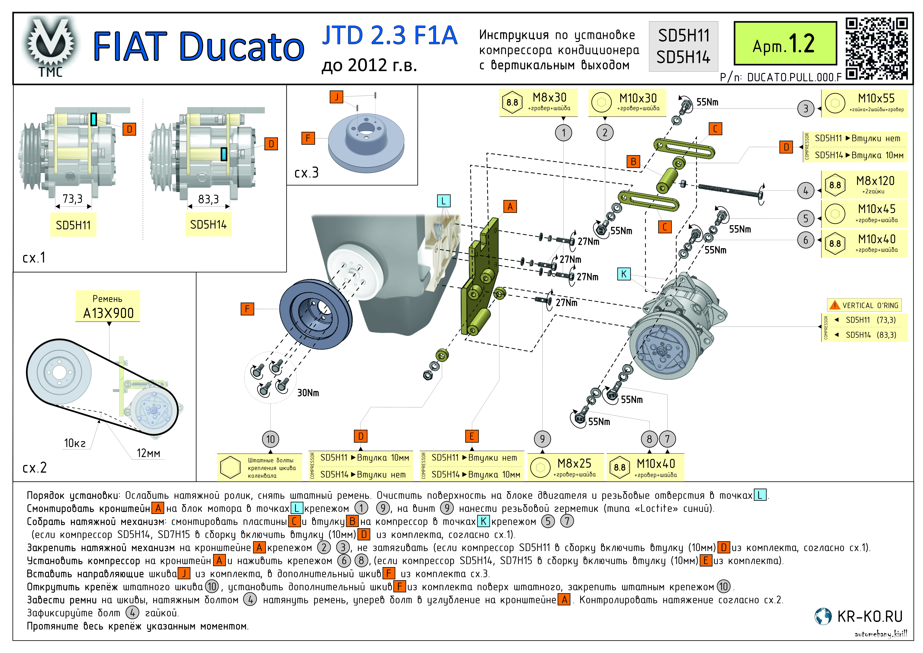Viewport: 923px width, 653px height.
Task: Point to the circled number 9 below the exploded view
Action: point(542,439)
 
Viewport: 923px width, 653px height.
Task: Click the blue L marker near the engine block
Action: point(443,201)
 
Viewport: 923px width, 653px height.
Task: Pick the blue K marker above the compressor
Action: point(623,274)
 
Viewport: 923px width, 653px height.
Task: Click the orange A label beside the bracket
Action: point(510,207)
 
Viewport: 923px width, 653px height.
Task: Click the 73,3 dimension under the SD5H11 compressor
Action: point(73,199)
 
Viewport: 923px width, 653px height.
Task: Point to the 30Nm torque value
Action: point(308,393)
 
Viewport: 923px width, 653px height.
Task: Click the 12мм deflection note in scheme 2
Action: point(148,453)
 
